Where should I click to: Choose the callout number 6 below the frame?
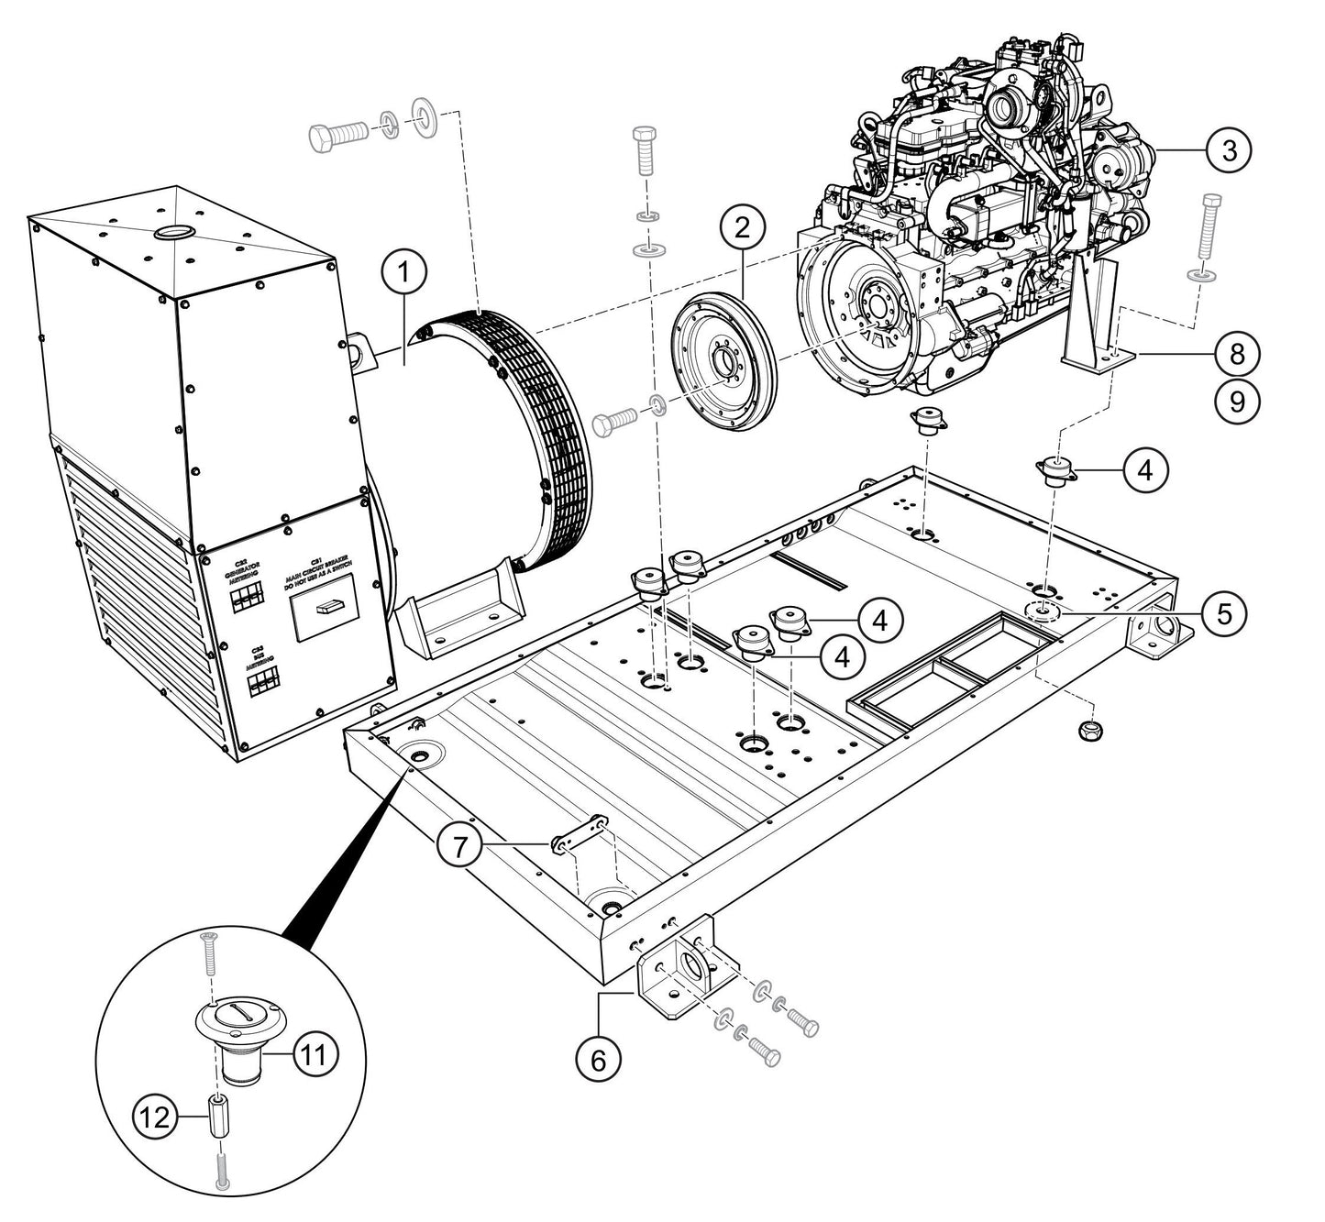point(598,1060)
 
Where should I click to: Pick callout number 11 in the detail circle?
point(315,1054)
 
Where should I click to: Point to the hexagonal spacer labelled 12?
point(220,1116)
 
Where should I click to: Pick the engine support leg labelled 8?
point(1096,316)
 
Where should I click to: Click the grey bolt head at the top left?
point(321,139)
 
